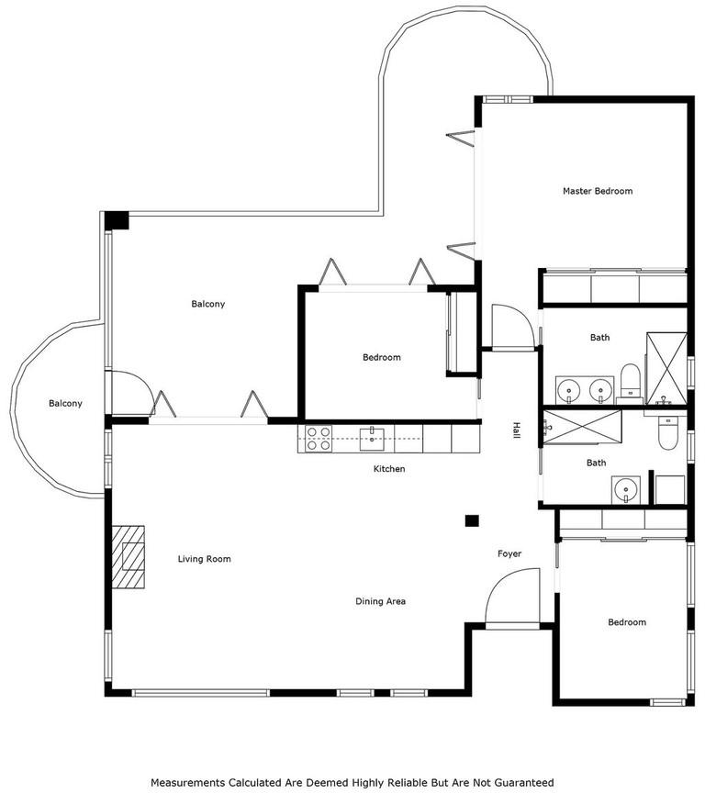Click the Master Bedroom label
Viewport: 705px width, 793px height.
(x=598, y=191)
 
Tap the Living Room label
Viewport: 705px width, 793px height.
(x=205, y=559)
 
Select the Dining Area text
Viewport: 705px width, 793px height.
(x=380, y=601)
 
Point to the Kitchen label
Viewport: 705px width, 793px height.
(x=389, y=469)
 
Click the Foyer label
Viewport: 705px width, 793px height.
(x=509, y=553)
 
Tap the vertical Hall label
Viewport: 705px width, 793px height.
(x=517, y=430)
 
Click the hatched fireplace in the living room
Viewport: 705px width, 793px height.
(x=128, y=557)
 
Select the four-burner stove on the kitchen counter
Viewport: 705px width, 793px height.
(x=319, y=439)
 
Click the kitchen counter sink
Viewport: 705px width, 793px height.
(x=372, y=439)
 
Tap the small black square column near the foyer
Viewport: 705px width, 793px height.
(x=472, y=521)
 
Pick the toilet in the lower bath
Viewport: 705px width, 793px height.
(x=668, y=433)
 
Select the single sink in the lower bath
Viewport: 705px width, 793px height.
(x=626, y=490)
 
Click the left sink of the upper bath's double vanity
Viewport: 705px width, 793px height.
(x=570, y=391)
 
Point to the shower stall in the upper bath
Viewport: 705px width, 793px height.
(x=666, y=369)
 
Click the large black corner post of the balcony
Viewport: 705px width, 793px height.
(x=117, y=220)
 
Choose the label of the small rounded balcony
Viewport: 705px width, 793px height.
(x=65, y=404)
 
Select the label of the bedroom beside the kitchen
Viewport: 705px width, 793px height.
(x=382, y=358)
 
